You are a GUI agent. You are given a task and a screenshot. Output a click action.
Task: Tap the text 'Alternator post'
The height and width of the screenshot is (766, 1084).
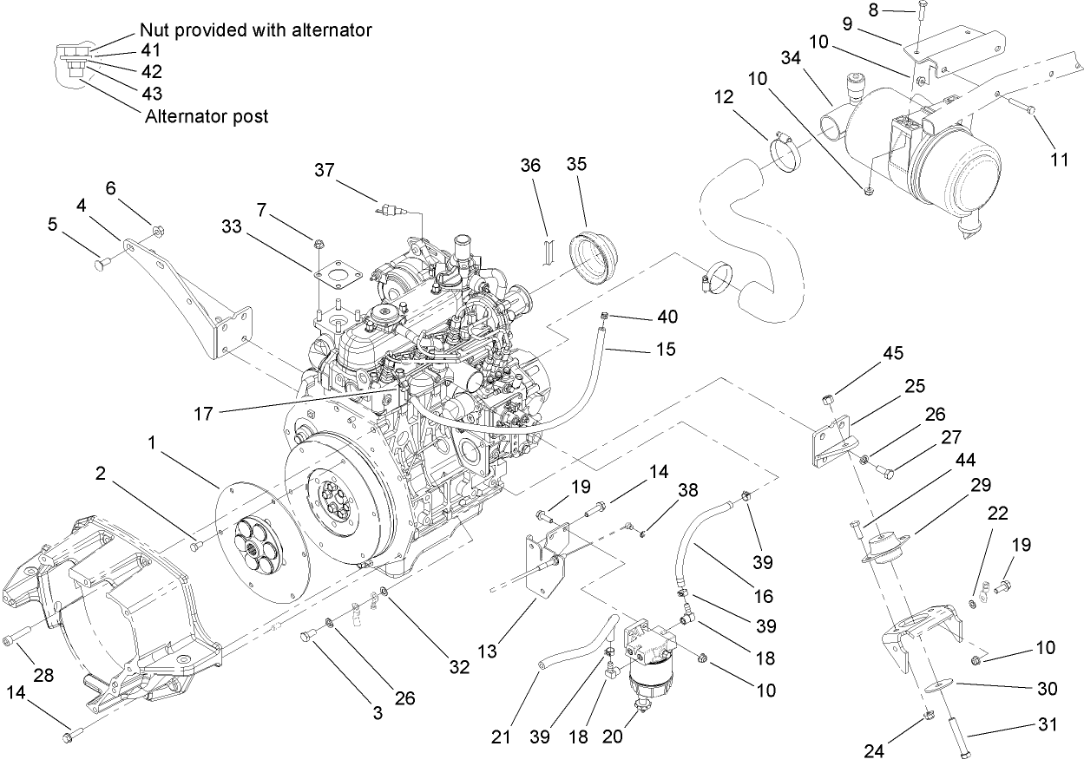click(x=207, y=116)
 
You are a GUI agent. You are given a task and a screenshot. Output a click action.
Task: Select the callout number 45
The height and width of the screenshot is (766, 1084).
click(x=893, y=353)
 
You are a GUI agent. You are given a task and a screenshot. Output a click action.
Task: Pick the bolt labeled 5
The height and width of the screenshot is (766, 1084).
click(x=102, y=258)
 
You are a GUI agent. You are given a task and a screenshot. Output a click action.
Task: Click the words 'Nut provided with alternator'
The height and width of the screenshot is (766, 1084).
click(x=255, y=30)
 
